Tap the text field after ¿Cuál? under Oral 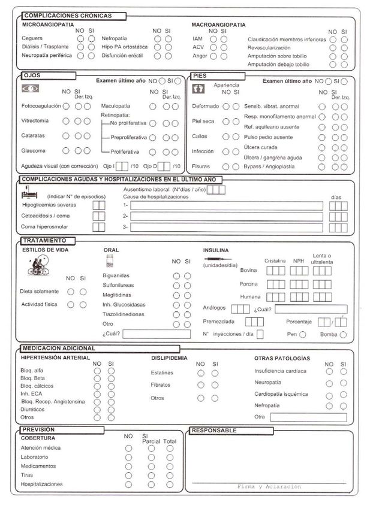pos(157,334)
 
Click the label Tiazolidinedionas pos(131,314)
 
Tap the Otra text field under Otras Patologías pos(308,417)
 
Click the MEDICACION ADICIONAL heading pos(58,348)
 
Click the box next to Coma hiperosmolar pos(99,227)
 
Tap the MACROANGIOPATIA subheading pos(218,25)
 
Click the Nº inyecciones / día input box pos(260,334)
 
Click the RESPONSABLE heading pos(213,430)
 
